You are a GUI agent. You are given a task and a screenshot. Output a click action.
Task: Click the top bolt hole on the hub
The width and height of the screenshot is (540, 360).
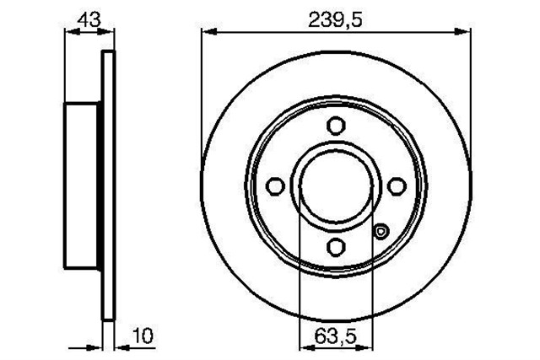[x=336, y=126]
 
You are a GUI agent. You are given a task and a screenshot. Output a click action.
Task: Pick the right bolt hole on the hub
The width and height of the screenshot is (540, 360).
[x=396, y=186]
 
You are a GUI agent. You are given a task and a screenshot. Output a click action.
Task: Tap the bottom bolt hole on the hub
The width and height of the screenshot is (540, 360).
[x=336, y=245]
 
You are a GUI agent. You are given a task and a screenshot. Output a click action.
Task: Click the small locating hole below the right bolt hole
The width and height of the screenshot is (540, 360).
[x=381, y=232]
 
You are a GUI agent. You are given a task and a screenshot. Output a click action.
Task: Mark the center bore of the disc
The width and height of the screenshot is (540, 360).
[x=336, y=186]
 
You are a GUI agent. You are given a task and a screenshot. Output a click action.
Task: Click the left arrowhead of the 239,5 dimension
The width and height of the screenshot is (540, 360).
[x=208, y=33]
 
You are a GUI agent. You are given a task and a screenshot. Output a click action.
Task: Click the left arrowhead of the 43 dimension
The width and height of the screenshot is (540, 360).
[x=70, y=33]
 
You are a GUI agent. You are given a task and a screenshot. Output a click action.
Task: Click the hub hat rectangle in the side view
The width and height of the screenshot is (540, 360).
[x=84, y=185]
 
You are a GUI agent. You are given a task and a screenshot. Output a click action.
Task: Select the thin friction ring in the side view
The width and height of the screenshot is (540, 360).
[x=107, y=185]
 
